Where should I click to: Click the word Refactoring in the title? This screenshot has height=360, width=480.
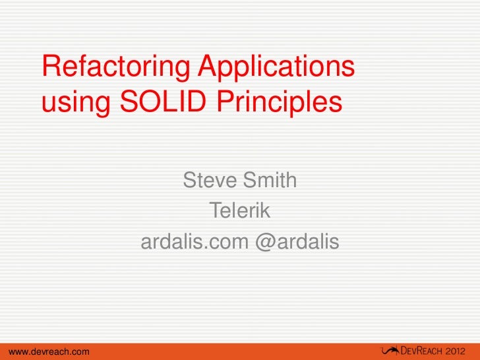115,69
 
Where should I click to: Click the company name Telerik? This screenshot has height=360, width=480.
240,211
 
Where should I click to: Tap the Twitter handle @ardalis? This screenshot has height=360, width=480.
296,243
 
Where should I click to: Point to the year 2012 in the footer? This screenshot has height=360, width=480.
460,349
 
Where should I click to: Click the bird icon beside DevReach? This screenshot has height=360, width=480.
388,349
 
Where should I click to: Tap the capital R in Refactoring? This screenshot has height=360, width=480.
52,67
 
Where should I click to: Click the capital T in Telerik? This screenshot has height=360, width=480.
215,211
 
